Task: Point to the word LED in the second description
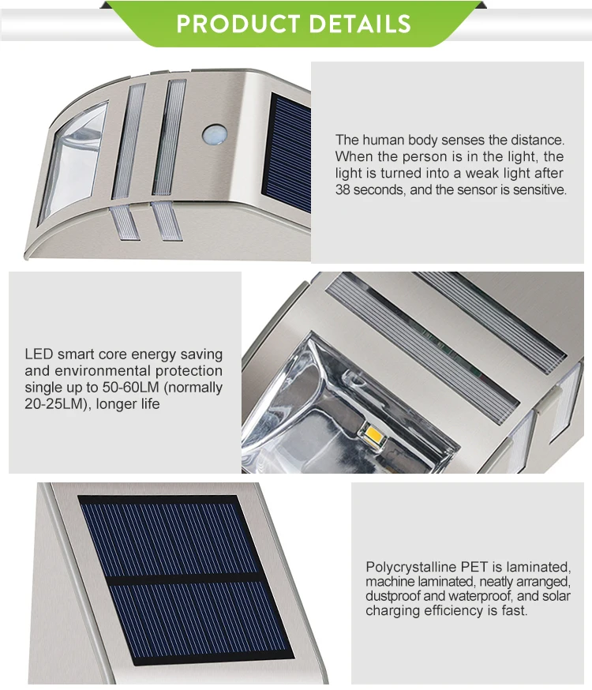tap(39, 354)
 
